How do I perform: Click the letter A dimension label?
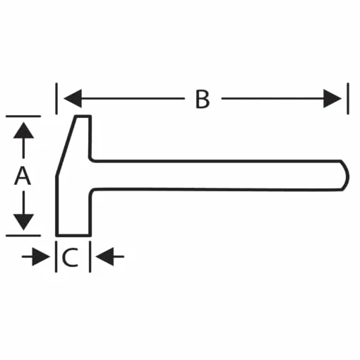click(x=23, y=176)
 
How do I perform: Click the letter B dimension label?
click(x=203, y=99)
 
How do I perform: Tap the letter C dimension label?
click(x=70, y=258)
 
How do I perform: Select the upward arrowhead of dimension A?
click(x=23, y=130)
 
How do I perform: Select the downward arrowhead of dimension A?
click(x=23, y=222)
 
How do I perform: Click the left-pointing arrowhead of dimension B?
click(x=73, y=99)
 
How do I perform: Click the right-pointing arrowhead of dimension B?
click(x=332, y=99)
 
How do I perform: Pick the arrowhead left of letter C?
click(x=41, y=256)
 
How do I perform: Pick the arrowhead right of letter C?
click(x=104, y=256)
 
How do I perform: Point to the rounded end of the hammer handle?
click(x=345, y=176)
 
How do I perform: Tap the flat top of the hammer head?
click(x=83, y=116)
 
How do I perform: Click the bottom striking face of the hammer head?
click(x=73, y=235)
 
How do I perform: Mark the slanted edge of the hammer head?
click(x=66, y=146)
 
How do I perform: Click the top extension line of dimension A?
click(x=23, y=116)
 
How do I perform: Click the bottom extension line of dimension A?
click(x=23, y=235)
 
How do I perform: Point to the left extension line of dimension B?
click(x=56, y=99)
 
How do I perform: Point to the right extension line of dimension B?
click(x=348, y=99)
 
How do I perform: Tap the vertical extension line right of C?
click(x=90, y=257)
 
